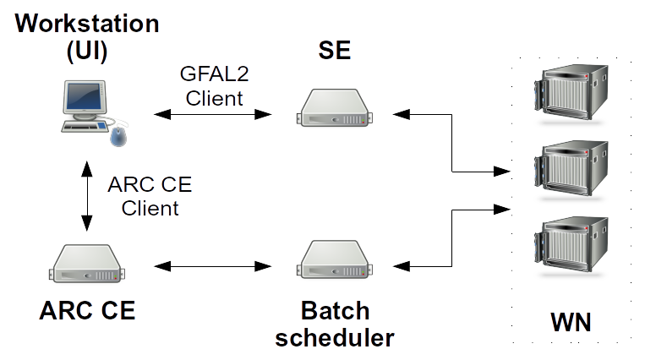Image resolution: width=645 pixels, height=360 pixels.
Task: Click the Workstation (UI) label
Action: tap(87, 37)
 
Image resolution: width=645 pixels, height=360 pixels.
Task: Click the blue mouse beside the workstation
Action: tap(119, 135)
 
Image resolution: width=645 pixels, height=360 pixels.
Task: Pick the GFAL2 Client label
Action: tap(214, 86)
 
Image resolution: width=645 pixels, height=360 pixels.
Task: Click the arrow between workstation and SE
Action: tap(212, 112)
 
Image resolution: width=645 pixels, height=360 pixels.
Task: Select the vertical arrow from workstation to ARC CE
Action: tap(86, 198)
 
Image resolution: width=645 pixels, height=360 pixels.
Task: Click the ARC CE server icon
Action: tap(87, 264)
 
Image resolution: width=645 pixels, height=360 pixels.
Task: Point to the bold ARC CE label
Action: tap(87, 311)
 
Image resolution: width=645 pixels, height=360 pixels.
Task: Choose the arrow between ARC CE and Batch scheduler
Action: tap(212, 267)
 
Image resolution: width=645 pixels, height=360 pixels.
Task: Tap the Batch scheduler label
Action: tap(335, 325)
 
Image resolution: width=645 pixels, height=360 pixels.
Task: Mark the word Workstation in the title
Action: tap(87, 23)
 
